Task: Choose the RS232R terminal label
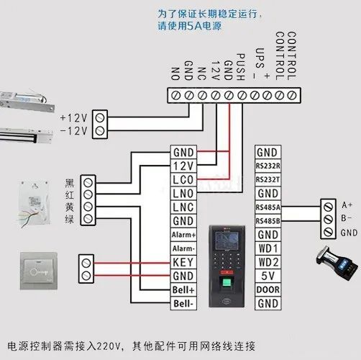tap(267, 166)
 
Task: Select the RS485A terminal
tap(267, 207)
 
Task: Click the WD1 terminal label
tap(267, 248)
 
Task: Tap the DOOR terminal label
tap(267, 290)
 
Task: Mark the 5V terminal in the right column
tap(267, 276)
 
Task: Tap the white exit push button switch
tap(40, 269)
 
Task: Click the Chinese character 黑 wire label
tap(69, 181)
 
